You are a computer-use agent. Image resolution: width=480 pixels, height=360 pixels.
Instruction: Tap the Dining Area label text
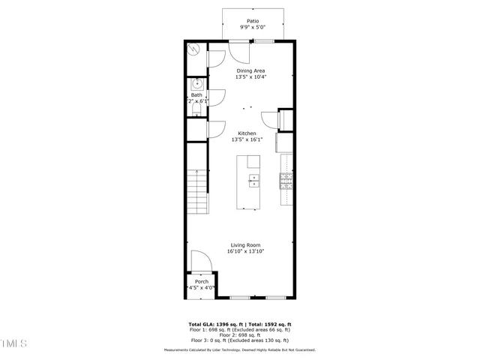coord(250,70)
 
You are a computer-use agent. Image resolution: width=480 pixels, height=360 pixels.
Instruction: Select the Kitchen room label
coord(247,133)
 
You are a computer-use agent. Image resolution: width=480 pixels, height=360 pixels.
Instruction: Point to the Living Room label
coord(246,245)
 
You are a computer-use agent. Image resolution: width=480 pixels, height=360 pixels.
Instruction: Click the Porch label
coord(201,281)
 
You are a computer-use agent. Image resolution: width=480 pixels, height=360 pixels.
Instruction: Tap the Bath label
coord(196,95)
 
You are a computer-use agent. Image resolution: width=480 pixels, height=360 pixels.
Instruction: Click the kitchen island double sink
coord(253,180)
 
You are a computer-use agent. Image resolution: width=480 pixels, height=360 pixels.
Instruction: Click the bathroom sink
coord(197,84)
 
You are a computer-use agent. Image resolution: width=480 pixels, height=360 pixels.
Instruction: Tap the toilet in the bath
coord(196,110)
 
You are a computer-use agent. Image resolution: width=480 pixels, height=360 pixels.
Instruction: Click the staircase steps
coord(196,191)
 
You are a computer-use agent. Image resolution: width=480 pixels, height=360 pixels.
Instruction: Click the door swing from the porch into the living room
coord(200,262)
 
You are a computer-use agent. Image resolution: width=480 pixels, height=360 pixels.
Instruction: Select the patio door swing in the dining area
coord(240,51)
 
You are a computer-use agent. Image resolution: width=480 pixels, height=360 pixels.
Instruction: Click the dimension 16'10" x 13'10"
coord(246,252)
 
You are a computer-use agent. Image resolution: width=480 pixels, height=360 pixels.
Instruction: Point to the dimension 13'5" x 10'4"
coord(250,76)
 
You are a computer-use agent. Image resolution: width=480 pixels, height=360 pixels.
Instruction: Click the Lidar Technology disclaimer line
coord(240,350)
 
